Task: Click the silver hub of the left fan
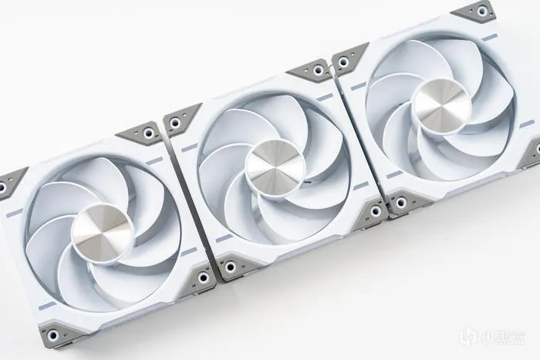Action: coord(103,233)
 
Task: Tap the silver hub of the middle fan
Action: coord(275,168)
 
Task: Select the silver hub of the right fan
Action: coord(442,106)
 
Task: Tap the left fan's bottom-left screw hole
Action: coord(52,334)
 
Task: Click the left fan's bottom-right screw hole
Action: coord(203,277)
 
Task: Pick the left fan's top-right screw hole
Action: coord(148,133)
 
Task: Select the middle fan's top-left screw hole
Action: coord(175,122)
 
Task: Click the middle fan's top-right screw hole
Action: coord(319,71)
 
